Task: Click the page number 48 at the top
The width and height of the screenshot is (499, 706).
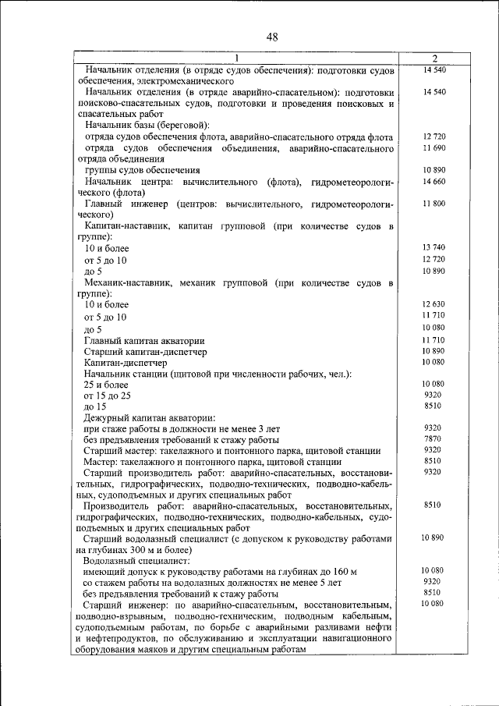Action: coord(271,37)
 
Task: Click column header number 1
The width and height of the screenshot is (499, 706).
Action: coord(236,59)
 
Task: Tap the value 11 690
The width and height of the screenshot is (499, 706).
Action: coord(434,147)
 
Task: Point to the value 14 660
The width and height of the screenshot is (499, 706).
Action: coord(434,181)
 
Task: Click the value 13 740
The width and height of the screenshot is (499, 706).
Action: coord(434,247)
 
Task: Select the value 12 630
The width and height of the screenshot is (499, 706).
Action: coord(434,303)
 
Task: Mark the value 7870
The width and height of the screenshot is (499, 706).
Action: coord(434,439)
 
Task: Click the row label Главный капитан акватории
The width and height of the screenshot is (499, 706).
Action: coord(144,341)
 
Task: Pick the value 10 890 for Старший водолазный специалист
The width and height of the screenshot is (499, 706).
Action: coord(434,538)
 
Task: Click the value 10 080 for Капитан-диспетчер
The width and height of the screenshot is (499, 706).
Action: coord(434,362)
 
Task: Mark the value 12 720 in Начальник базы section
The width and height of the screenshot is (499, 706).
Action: coord(434,137)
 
